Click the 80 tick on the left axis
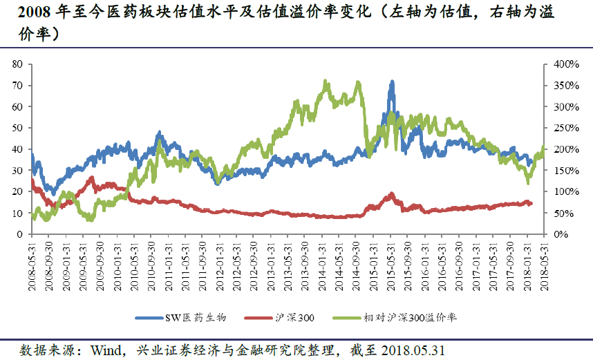18,64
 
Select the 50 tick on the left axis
18,128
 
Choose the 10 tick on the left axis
18,214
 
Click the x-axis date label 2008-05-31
32,260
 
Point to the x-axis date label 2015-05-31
391,260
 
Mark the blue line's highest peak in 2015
392,82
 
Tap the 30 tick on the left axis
18,171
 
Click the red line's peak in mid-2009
92,178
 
